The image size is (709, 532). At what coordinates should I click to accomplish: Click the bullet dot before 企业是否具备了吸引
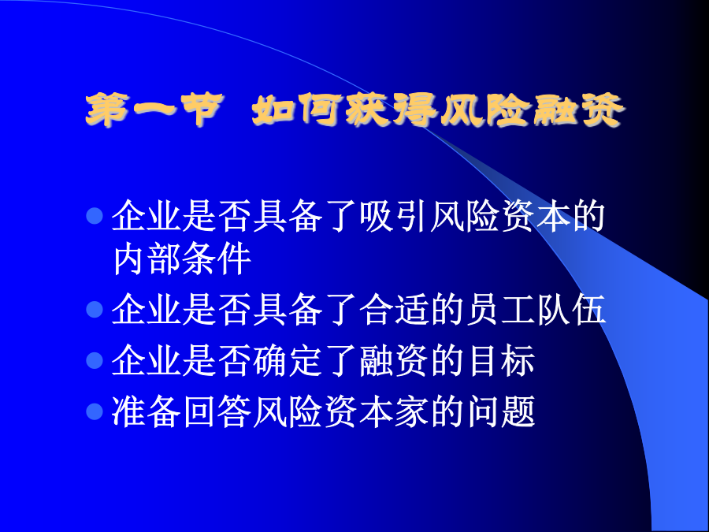[95, 216]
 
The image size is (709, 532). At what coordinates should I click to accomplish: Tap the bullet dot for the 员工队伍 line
[95, 310]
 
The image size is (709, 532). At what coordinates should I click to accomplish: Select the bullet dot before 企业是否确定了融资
[95, 360]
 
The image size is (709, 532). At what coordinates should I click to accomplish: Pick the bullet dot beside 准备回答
[95, 411]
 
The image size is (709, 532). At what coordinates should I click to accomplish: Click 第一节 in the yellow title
[154, 110]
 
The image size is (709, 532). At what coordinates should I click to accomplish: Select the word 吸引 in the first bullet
[395, 216]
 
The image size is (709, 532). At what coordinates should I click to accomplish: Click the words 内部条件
[182, 259]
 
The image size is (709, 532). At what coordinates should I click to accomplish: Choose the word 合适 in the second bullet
[395, 310]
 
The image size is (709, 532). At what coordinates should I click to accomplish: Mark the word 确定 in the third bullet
[288, 360]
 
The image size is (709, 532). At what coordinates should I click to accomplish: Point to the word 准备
[147, 411]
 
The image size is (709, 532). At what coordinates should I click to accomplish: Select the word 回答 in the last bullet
[217, 411]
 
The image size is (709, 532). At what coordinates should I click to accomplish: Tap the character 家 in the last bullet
[412, 411]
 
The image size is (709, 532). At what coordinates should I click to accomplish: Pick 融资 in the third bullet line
[395, 360]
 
